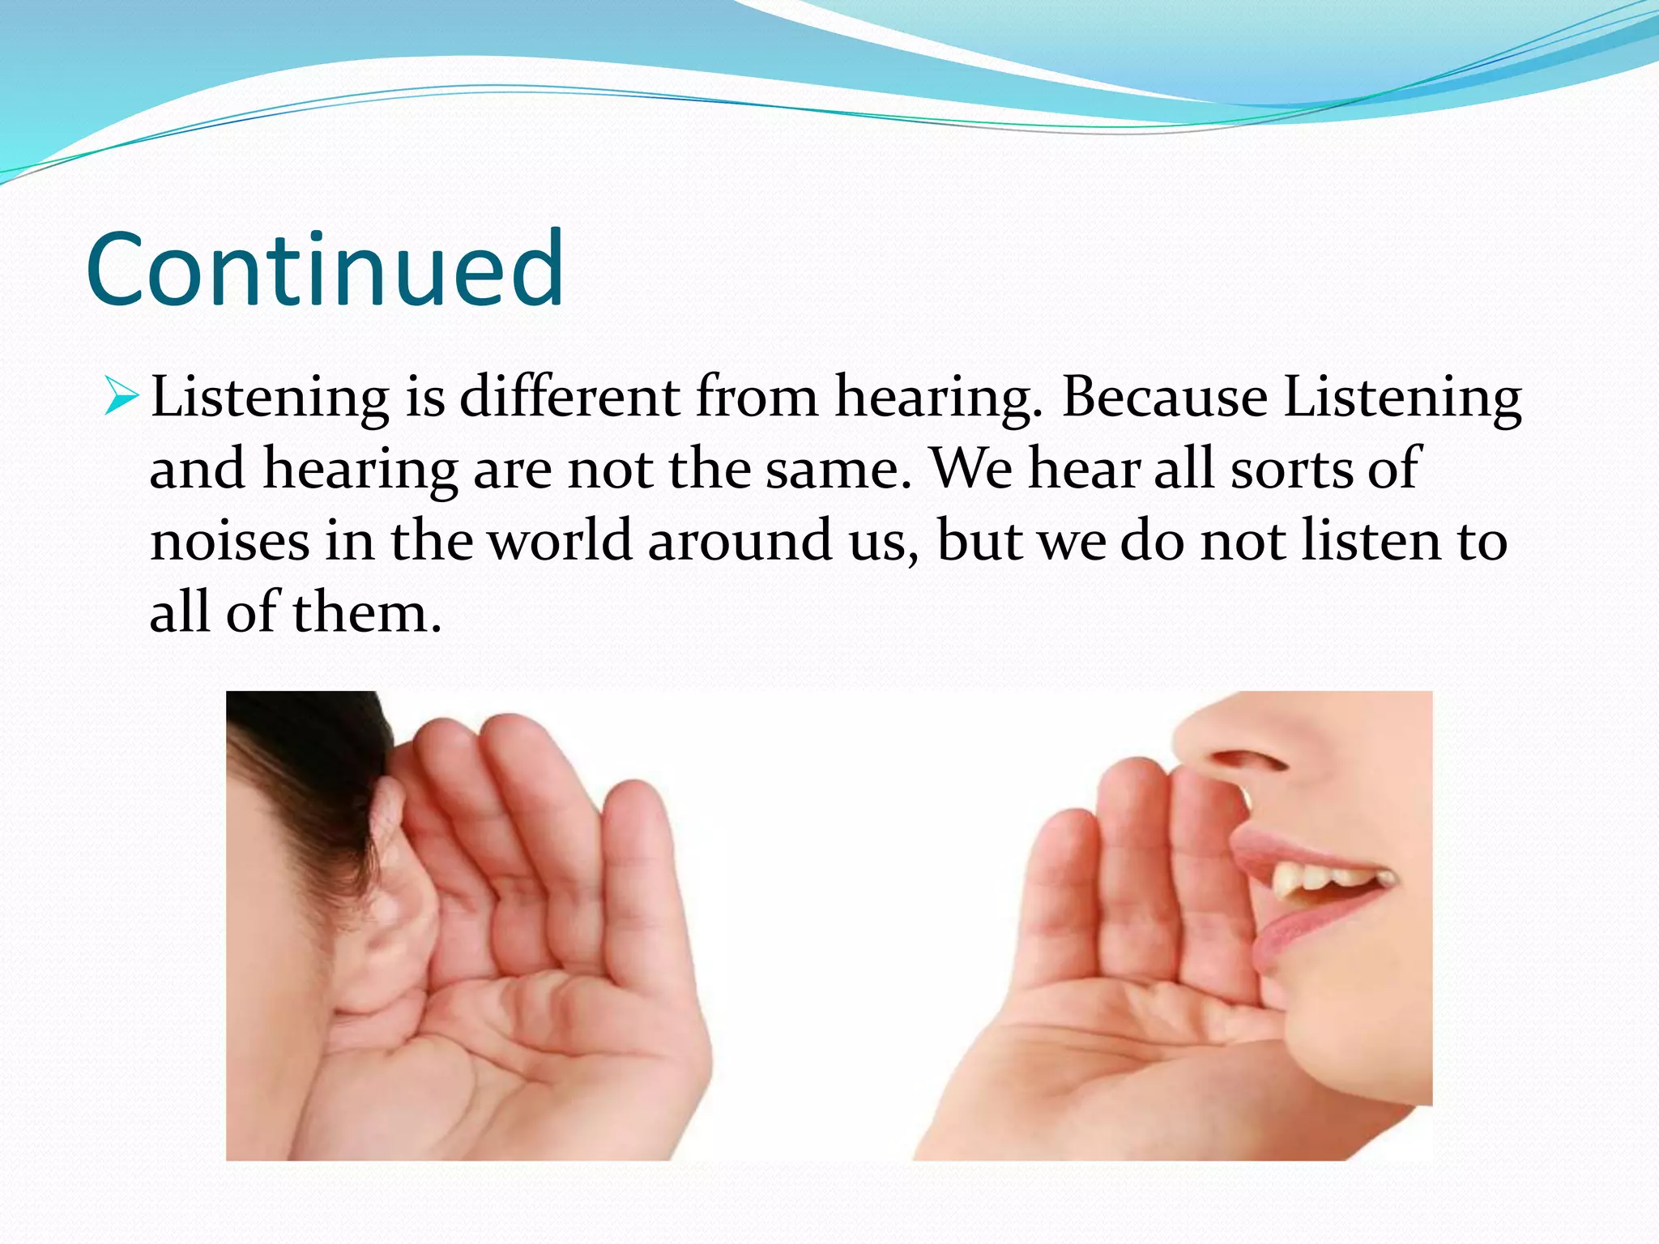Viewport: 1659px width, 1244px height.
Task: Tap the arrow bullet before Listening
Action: [x=122, y=397]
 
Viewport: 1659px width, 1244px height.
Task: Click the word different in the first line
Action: [x=569, y=397]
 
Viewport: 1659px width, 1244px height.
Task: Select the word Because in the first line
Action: [x=1164, y=397]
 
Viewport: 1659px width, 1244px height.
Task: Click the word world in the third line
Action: [x=561, y=541]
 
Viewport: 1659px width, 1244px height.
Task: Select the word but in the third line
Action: [x=979, y=541]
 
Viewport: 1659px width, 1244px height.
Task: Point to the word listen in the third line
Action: [x=1371, y=541]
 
